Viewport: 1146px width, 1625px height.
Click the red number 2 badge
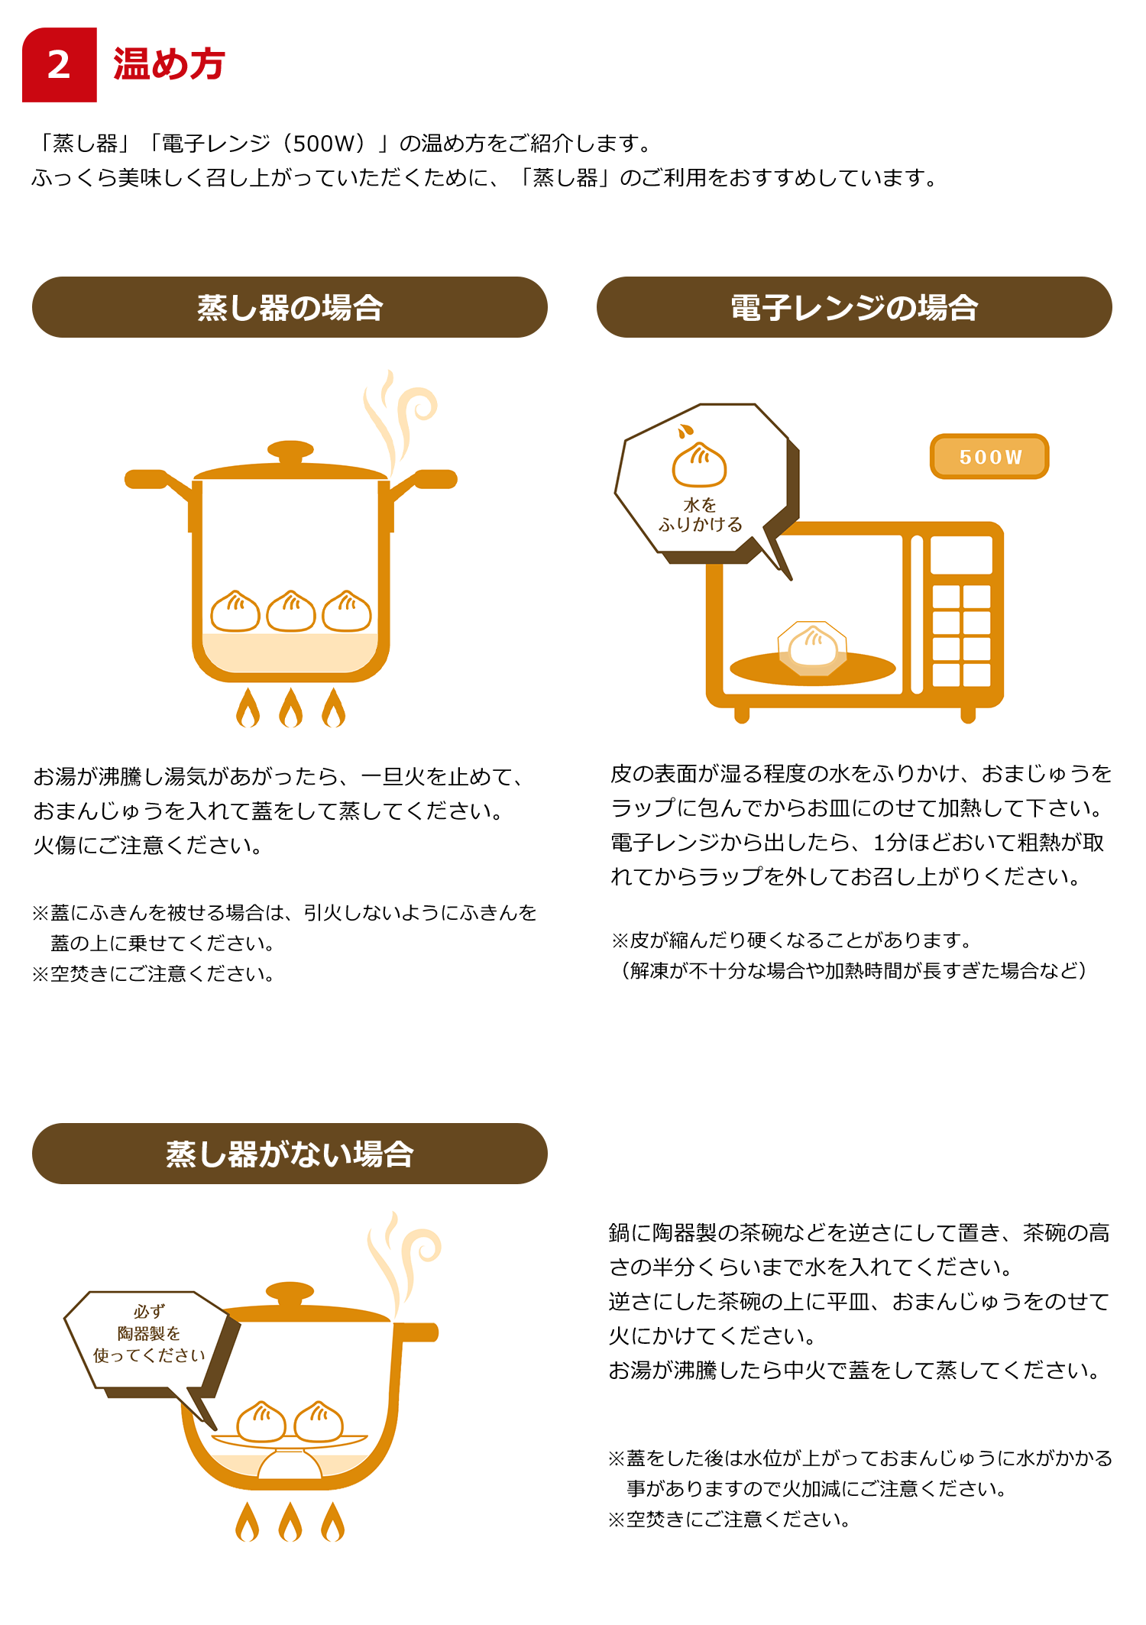[60, 65]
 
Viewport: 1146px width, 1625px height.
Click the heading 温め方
[169, 64]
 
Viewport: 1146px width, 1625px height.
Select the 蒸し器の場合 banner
[290, 307]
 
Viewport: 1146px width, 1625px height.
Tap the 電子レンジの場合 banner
[854, 307]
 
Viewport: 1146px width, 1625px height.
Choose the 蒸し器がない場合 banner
[290, 1154]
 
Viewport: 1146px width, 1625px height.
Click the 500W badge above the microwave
[989, 457]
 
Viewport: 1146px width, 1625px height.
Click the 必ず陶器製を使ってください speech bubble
[149, 1345]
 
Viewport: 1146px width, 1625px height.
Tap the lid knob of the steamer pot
[290, 450]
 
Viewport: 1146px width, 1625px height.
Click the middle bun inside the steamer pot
[291, 611]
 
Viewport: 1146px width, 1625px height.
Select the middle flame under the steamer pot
[291, 707]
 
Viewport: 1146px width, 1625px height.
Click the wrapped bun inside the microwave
[812, 648]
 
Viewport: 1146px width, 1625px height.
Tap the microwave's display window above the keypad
[961, 555]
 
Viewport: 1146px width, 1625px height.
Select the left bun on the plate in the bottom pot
[261, 1423]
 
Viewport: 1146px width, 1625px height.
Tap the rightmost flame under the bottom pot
[333, 1522]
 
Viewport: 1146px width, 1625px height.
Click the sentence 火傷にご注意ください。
[148, 845]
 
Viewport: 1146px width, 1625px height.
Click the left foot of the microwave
[741, 714]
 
